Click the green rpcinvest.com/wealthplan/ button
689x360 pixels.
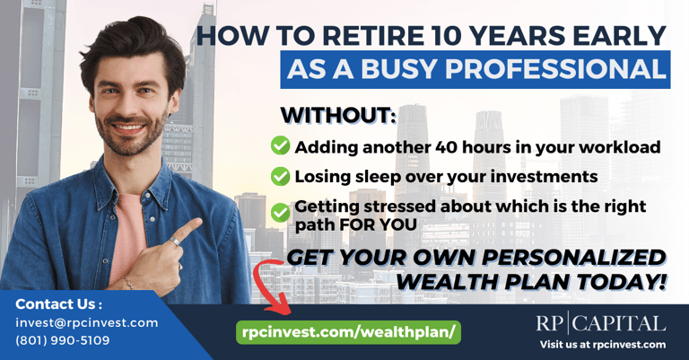point(348,332)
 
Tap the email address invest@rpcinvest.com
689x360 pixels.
point(86,322)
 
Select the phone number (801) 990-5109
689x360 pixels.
point(63,340)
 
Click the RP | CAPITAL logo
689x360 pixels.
point(601,323)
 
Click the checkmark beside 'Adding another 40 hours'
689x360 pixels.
point(280,145)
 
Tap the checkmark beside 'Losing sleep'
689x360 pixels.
point(280,176)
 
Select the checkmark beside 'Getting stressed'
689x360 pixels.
point(280,213)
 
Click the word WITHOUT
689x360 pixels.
point(338,115)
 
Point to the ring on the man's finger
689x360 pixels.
point(174,241)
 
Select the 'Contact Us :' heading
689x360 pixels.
point(59,304)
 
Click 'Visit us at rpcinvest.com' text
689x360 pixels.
point(603,345)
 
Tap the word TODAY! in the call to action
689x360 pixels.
point(622,282)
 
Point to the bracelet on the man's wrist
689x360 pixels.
point(128,282)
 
